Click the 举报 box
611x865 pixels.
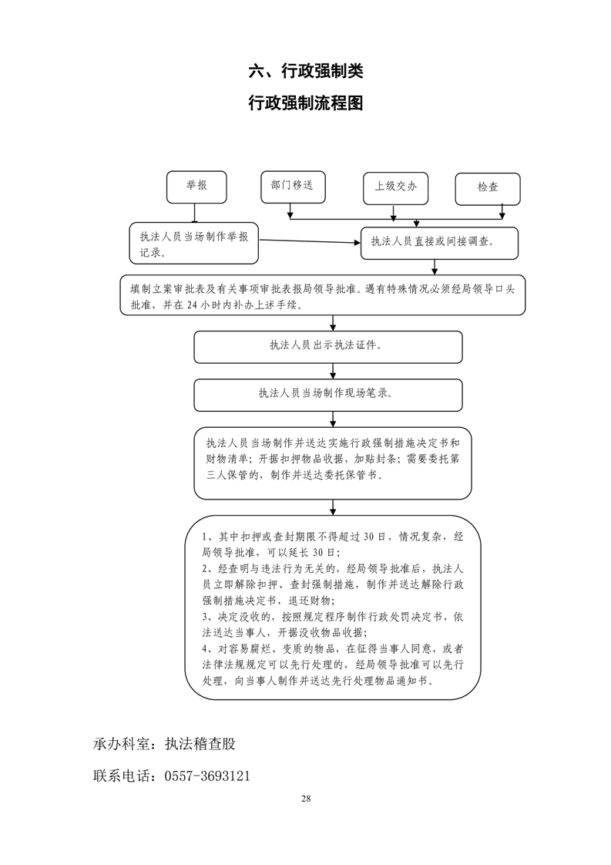(196, 187)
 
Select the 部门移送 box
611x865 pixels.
(292, 186)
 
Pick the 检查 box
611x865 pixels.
(487, 187)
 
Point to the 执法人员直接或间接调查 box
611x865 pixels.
(439, 242)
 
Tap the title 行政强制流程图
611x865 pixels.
(306, 104)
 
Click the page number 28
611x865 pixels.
(306, 798)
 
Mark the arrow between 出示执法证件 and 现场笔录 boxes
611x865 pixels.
(333, 370)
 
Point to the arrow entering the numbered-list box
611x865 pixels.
(333, 507)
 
